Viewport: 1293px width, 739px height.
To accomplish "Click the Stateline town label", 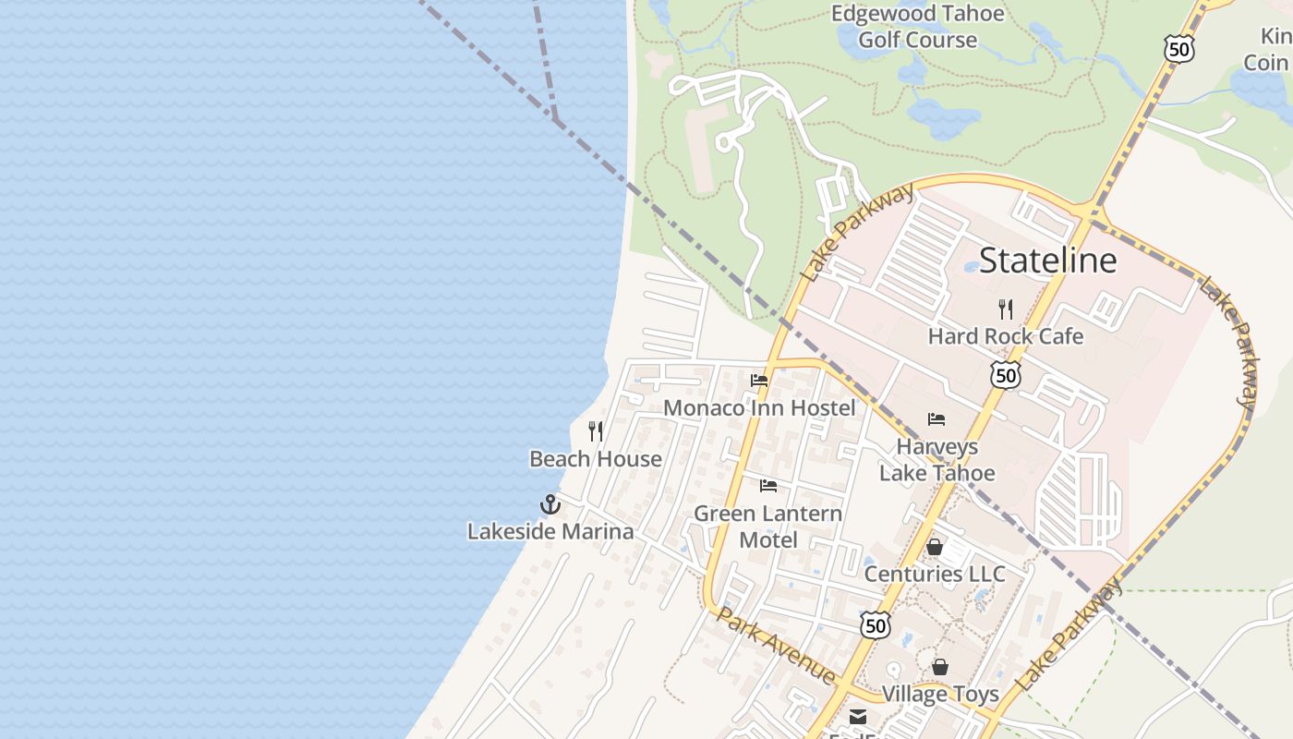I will tap(1047, 260).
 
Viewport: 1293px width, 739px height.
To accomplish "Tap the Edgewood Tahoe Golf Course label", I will tap(917, 27).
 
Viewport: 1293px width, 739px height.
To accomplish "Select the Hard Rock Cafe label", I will tap(1005, 336).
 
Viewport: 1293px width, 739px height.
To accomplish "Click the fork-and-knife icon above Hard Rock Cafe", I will tap(1006, 309).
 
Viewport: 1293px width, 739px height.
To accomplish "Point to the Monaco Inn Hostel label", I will tap(759, 407).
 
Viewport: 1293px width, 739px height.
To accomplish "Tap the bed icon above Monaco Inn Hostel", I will tap(759, 380).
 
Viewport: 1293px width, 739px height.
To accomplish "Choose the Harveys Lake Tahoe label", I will tap(937, 460).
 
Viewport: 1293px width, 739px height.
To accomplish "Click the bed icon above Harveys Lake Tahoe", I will tap(937, 419).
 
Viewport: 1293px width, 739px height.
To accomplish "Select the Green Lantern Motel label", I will tap(767, 526).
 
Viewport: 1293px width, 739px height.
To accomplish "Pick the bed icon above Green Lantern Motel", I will tap(768, 486).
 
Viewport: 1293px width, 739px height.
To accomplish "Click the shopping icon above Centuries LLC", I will tap(935, 547).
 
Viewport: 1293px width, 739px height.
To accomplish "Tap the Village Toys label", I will tap(940, 694).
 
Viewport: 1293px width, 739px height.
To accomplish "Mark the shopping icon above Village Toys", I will tap(940, 667).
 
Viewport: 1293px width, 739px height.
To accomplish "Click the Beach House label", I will tap(596, 459).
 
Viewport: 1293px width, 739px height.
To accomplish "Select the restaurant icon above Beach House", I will tap(596, 431).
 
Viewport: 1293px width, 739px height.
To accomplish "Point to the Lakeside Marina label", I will tap(550, 531).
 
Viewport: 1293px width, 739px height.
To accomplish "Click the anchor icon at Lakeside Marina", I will tap(550, 504).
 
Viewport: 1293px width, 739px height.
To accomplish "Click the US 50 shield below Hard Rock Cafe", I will tap(1005, 374).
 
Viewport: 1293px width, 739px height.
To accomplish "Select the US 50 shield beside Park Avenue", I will tap(876, 624).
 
